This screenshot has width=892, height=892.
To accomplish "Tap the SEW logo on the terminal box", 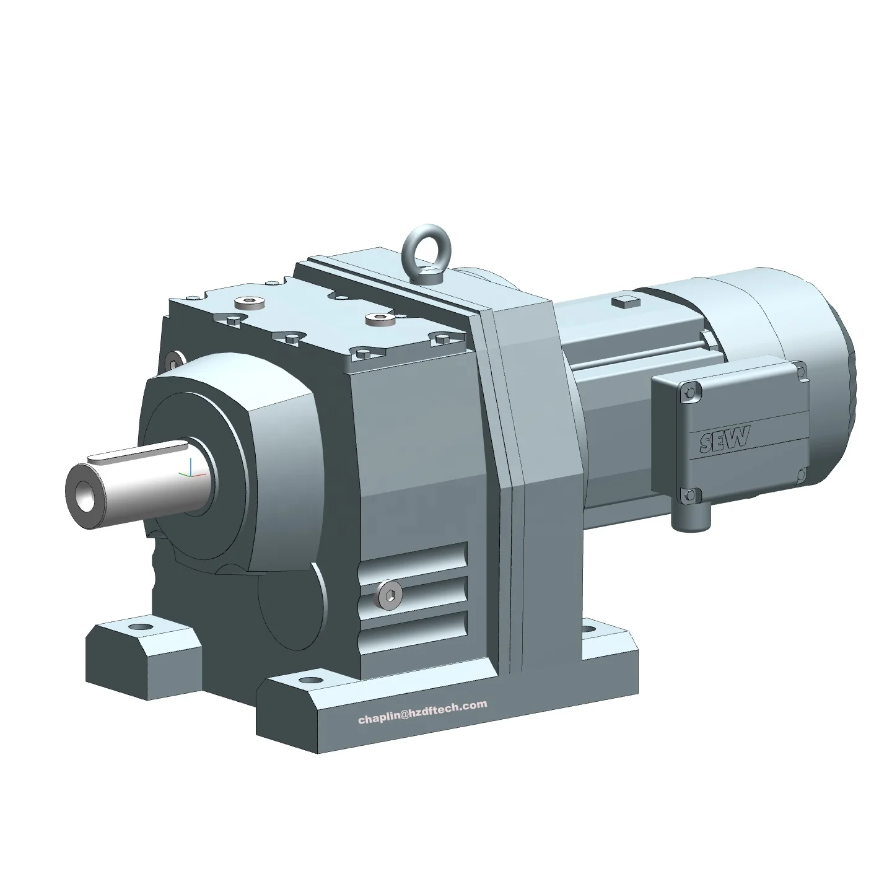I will point(725,439).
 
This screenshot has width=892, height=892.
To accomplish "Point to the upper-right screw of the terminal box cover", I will point(802,372).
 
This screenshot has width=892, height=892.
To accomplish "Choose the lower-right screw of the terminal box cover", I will point(803,474).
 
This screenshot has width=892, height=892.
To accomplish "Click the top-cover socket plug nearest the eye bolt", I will point(375,319).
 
